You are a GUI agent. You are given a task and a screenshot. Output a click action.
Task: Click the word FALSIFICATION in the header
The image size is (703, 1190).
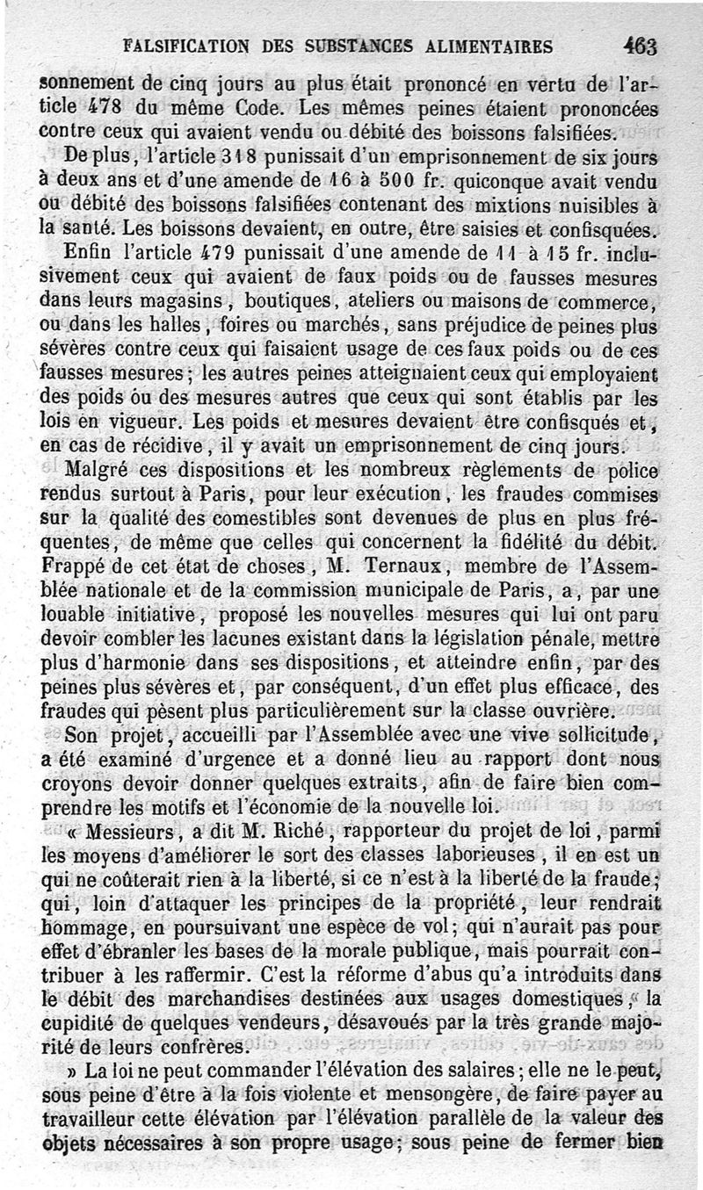[x=185, y=46]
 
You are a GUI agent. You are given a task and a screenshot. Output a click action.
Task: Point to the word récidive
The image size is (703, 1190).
[x=147, y=444]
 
